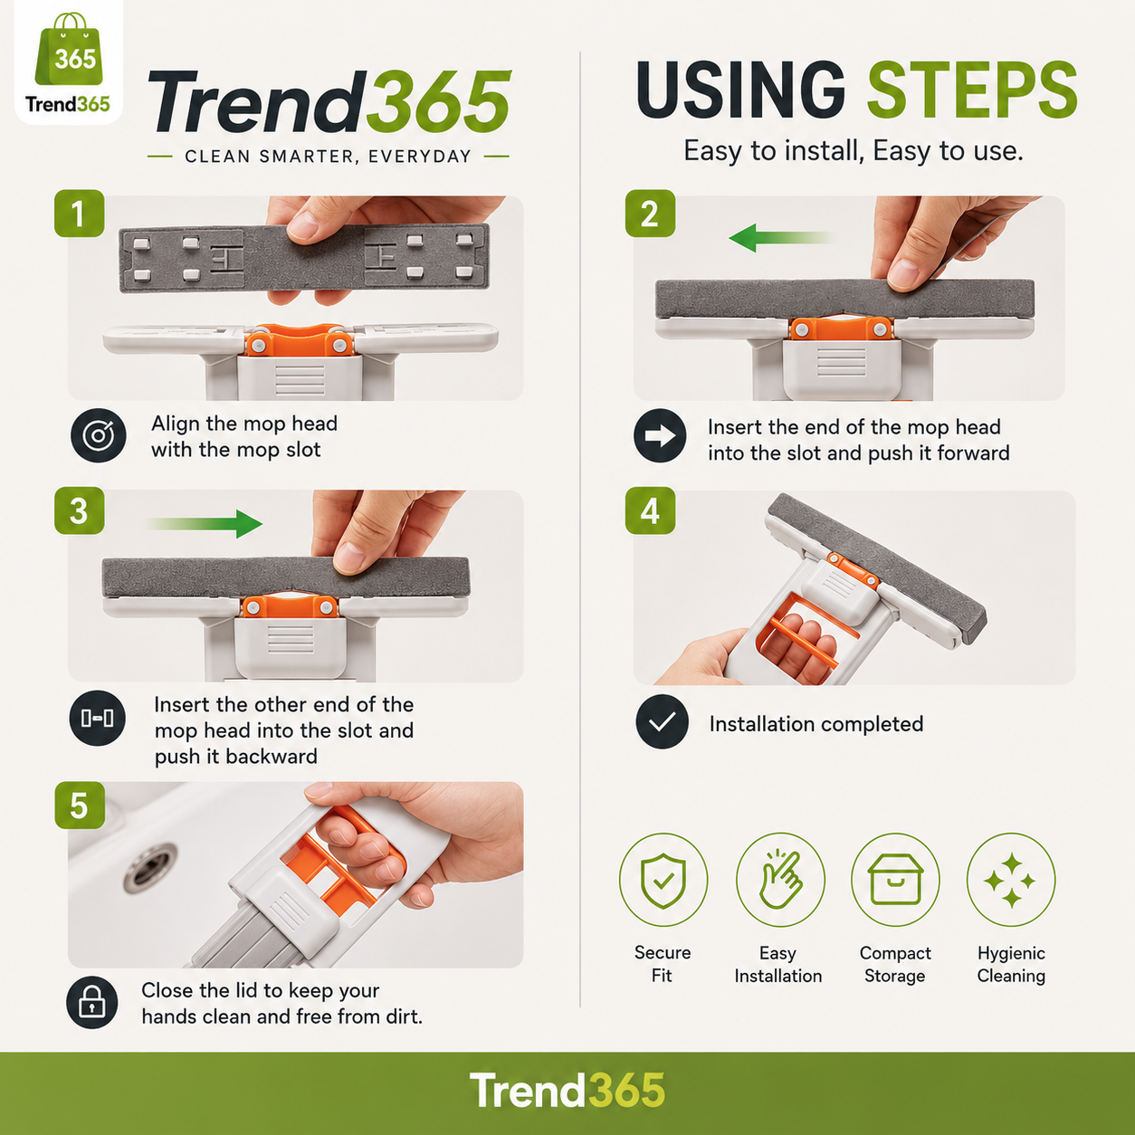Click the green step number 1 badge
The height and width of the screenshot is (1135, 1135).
[x=79, y=214]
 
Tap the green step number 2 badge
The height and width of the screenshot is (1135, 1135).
[x=650, y=214]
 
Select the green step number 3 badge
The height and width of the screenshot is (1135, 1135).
[x=79, y=510]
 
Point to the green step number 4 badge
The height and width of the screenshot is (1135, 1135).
[x=650, y=510]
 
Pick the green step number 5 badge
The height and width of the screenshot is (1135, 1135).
[x=79, y=806]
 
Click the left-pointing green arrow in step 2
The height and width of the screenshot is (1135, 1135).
[x=782, y=238]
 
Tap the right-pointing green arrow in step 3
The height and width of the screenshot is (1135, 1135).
[x=204, y=524]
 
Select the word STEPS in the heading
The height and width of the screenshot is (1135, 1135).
[x=972, y=91]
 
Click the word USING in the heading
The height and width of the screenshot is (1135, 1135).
[x=740, y=91]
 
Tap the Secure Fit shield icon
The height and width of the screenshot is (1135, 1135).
[x=663, y=880]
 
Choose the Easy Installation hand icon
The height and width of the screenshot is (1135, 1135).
[x=780, y=880]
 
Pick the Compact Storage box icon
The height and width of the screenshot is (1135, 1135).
[x=895, y=880]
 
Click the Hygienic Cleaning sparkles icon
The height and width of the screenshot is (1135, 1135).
[x=1011, y=880]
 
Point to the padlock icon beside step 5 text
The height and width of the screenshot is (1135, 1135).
[x=92, y=1003]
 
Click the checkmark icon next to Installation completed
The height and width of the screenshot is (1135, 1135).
[x=662, y=721]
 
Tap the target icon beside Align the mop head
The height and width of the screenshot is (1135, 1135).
[x=99, y=435]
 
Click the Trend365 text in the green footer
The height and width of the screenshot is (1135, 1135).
[x=567, y=1091]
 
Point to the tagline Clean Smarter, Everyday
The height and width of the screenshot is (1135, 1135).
[x=328, y=157]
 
